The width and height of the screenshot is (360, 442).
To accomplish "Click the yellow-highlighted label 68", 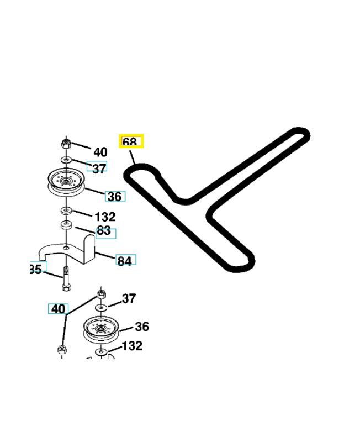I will [x=131, y=141].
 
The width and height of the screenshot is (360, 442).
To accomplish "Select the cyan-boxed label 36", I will [x=115, y=196].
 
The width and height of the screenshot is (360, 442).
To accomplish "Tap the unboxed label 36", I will [x=141, y=327].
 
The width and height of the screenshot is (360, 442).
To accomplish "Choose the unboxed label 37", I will [x=128, y=299].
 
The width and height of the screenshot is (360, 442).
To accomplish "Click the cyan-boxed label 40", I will [x=58, y=309].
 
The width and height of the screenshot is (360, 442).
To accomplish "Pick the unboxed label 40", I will [x=100, y=152].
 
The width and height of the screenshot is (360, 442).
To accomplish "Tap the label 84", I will [x=125, y=260].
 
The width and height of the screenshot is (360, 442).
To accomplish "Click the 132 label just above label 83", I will [x=105, y=217].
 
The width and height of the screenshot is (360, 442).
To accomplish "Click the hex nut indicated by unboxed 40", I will [x=66, y=144].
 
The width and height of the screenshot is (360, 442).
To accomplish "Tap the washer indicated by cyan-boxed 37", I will [x=66, y=160].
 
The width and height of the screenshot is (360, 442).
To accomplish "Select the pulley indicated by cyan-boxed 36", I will [x=66, y=182].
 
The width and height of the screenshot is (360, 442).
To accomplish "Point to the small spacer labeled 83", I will [x=66, y=225].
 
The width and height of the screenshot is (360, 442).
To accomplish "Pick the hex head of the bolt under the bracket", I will [x=66, y=287].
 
